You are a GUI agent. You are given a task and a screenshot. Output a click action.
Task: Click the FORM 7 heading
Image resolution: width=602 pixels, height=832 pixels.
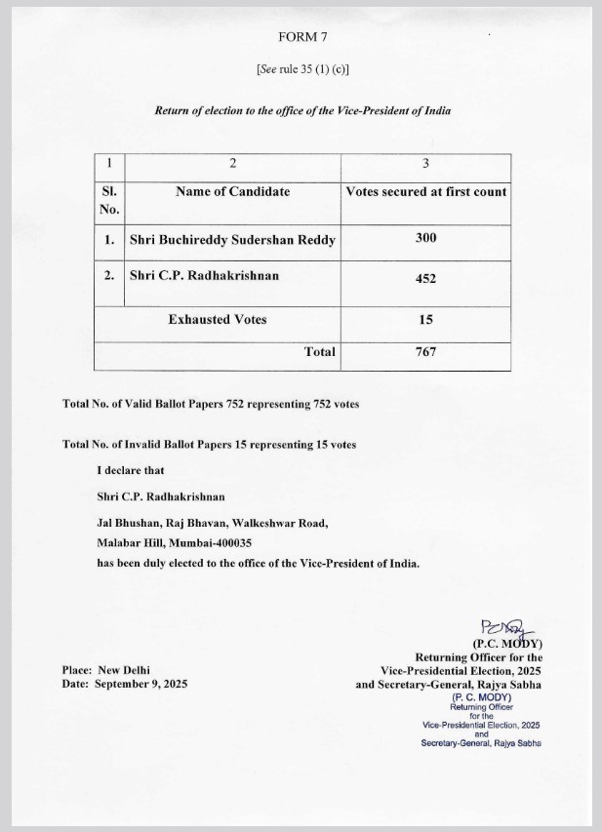301,37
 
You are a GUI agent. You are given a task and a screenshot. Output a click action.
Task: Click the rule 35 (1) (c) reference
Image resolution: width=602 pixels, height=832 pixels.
302,69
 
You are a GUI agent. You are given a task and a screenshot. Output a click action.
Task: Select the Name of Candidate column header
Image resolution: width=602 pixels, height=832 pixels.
232,191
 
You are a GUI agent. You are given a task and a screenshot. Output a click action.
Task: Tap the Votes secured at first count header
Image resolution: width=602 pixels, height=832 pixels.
426,191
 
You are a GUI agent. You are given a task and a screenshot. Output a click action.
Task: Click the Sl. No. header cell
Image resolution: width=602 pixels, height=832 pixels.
109,200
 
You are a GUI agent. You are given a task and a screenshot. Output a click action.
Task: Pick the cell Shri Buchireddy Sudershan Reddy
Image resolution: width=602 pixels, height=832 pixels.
233,239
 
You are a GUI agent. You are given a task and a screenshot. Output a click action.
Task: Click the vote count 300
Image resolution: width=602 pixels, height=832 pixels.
425,238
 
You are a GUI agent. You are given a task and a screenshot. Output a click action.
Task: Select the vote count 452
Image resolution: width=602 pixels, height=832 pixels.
425,278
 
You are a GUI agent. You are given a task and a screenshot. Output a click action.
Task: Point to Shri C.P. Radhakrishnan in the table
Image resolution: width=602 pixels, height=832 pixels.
204,275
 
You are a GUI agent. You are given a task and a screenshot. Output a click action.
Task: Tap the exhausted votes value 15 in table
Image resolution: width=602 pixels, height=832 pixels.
425,319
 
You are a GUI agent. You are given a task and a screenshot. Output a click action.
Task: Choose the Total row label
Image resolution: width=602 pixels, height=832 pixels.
319,352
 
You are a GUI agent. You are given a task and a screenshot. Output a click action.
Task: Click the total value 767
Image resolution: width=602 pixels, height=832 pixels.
425,352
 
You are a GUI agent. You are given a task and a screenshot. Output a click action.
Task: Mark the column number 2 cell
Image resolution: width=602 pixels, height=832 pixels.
232,163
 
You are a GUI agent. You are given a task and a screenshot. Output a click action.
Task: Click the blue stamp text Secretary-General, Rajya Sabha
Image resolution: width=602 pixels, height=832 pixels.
481,743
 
